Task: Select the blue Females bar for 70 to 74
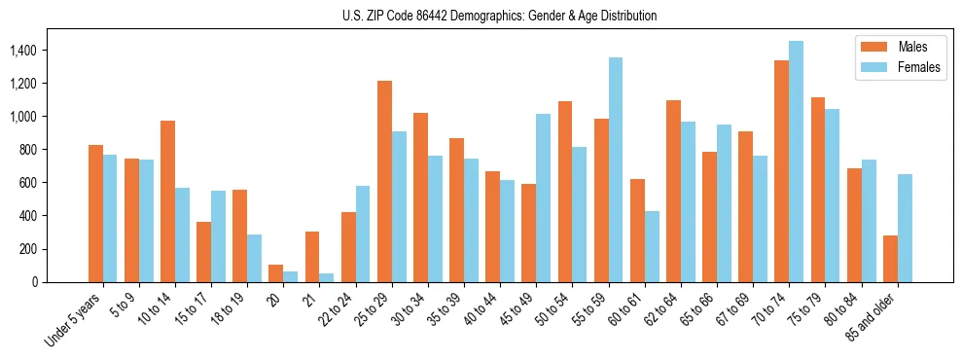[x=796, y=162]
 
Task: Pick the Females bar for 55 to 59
[x=616, y=170]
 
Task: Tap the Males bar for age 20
[x=276, y=273]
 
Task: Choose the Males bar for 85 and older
[x=890, y=259]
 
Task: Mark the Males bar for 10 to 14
[x=167, y=201]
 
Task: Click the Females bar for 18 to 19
[x=254, y=259]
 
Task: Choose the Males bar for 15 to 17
[x=203, y=252]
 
